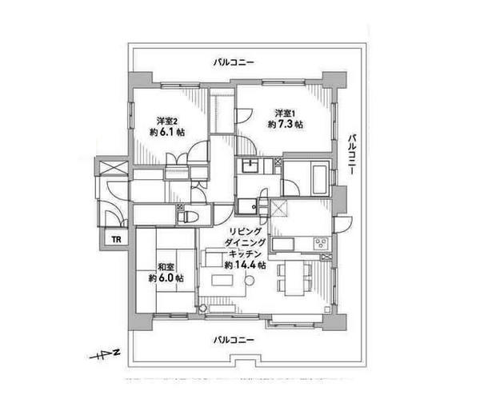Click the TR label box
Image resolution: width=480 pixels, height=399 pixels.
click(116, 239)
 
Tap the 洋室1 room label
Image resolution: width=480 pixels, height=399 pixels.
click(285, 114)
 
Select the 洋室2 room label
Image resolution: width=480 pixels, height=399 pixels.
click(167, 122)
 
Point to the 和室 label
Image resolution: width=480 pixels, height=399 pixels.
click(166, 267)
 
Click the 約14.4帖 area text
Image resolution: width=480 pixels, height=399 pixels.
click(245, 265)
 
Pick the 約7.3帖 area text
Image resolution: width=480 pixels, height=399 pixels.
click(286, 124)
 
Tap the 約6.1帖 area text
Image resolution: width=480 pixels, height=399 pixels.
click(167, 132)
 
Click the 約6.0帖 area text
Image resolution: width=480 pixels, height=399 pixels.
click(166, 278)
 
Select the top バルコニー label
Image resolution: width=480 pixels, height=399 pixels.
click(234, 62)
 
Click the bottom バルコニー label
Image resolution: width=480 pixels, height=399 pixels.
click(234, 340)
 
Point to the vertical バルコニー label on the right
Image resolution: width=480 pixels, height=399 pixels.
click(353, 154)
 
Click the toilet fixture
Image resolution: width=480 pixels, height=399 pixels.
click(188, 217)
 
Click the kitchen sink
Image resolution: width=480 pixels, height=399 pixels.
click(283, 244)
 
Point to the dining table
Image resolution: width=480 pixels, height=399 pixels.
click(294, 277)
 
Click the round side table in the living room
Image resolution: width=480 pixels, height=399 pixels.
click(250, 280)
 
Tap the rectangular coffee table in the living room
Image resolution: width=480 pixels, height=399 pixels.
click(222, 280)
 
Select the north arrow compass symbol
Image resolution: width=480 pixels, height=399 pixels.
click(103, 355)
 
